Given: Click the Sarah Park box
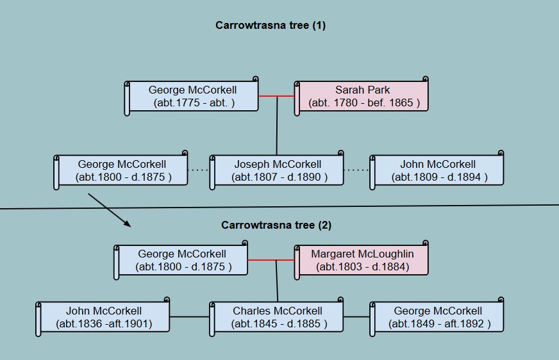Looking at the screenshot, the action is click(361, 96).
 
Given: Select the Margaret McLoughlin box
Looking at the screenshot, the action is click(361, 260).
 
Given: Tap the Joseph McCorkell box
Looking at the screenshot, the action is click(277, 170).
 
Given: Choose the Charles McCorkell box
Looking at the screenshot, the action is click(277, 317).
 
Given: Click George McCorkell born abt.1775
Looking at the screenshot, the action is click(192, 96).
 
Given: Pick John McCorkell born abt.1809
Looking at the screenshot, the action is click(437, 170).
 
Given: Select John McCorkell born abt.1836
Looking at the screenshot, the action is click(103, 317).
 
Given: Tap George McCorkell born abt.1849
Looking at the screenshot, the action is click(437, 317).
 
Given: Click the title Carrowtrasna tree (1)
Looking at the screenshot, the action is click(271, 25).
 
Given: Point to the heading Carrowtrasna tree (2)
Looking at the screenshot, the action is click(276, 225).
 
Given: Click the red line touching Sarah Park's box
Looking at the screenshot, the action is click(276, 96).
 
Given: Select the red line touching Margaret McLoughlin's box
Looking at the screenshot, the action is click(271, 260).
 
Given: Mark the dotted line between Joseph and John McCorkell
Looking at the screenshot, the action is click(357, 170).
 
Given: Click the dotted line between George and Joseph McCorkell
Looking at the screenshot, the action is click(199, 170).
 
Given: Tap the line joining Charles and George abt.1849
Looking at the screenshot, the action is click(357, 316).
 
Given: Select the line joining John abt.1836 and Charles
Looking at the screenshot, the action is click(190, 316).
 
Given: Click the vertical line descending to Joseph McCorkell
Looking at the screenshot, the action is click(277, 126).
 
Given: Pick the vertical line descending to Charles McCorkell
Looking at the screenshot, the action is click(277, 281).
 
